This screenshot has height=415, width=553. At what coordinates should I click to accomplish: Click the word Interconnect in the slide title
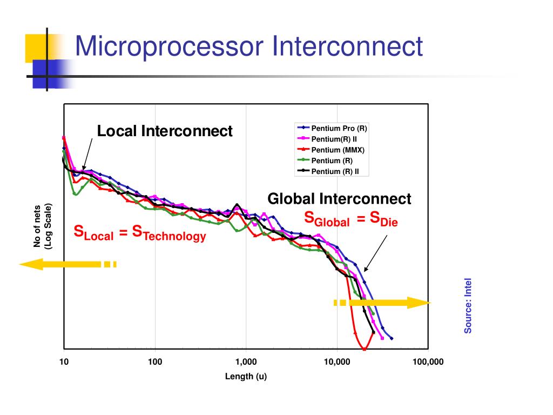pyautogui.click(x=346, y=45)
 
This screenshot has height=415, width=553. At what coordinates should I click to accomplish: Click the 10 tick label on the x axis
pyautogui.click(x=64, y=362)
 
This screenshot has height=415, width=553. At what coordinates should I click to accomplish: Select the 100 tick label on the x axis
pyautogui.click(x=155, y=362)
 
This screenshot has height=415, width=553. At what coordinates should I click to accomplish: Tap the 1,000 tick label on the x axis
pyautogui.click(x=246, y=362)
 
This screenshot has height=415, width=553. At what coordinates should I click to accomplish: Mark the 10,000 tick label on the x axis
pyautogui.click(x=337, y=362)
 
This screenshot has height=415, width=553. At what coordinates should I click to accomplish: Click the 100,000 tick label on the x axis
pyautogui.click(x=428, y=362)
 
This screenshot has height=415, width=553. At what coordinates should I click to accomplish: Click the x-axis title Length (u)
pyautogui.click(x=246, y=376)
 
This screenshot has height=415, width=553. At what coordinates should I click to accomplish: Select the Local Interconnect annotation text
pyautogui.click(x=165, y=131)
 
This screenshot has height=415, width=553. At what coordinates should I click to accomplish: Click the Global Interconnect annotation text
pyautogui.click(x=340, y=199)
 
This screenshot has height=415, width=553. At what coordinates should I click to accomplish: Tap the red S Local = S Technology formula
pyautogui.click(x=140, y=233)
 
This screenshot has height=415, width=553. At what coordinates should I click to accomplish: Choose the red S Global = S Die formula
pyautogui.click(x=351, y=219)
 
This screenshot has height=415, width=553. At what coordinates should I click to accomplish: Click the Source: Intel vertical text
pyautogui.click(x=468, y=305)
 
